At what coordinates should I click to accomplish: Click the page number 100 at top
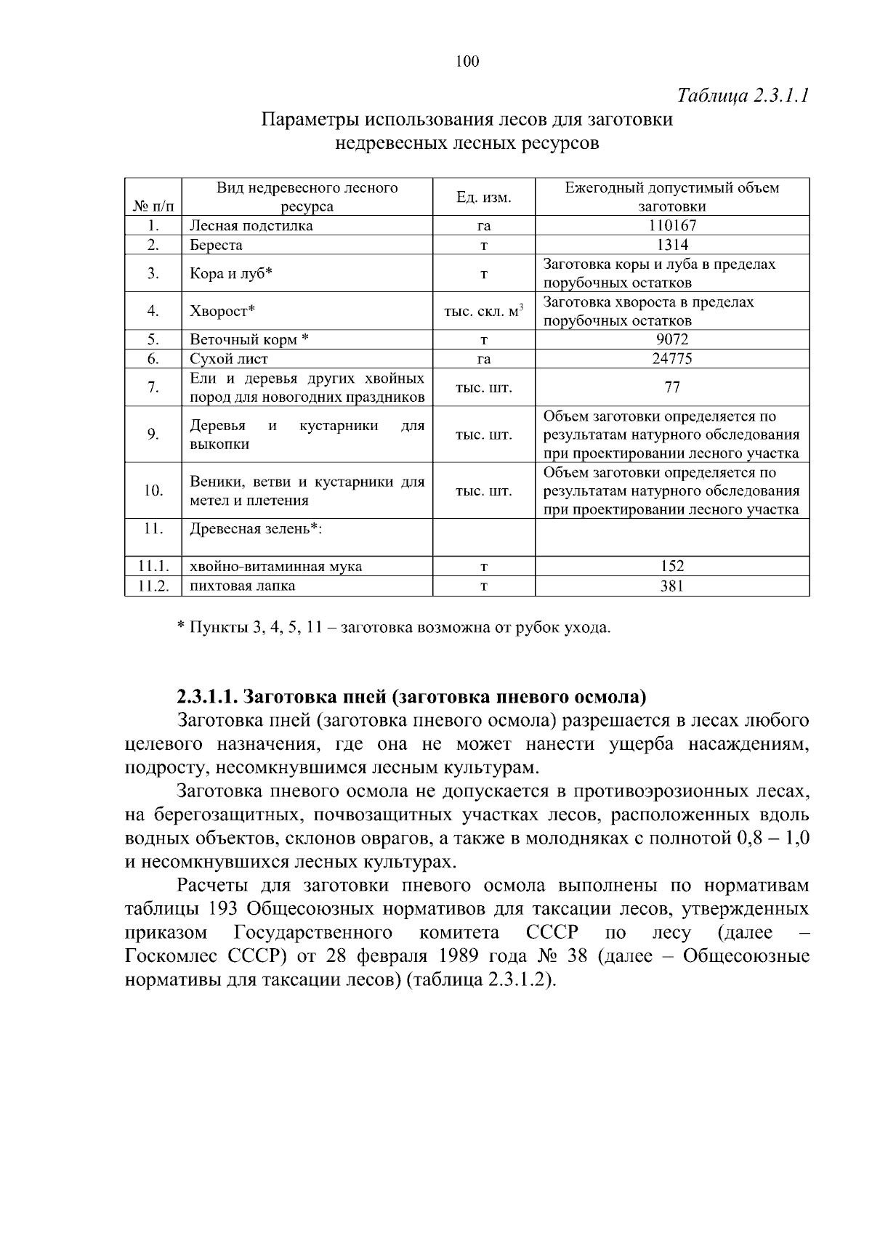467,61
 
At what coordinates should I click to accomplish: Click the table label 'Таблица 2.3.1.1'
743,96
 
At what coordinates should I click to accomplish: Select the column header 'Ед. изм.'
483,197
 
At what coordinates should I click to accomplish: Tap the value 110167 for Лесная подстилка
672,226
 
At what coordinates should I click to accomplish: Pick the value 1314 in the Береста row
672,245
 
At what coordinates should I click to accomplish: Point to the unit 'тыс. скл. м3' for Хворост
483,312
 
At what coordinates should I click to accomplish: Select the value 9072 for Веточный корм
672,339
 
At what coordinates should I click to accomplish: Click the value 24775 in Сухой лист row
672,359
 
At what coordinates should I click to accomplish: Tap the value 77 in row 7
672,387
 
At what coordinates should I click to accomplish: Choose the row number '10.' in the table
153,490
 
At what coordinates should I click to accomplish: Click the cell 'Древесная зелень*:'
256,529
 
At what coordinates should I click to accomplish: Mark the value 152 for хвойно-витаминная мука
672,567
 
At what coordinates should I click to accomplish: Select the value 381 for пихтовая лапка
672,586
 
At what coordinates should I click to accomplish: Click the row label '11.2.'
153,586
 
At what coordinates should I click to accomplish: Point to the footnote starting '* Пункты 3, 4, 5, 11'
394,627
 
